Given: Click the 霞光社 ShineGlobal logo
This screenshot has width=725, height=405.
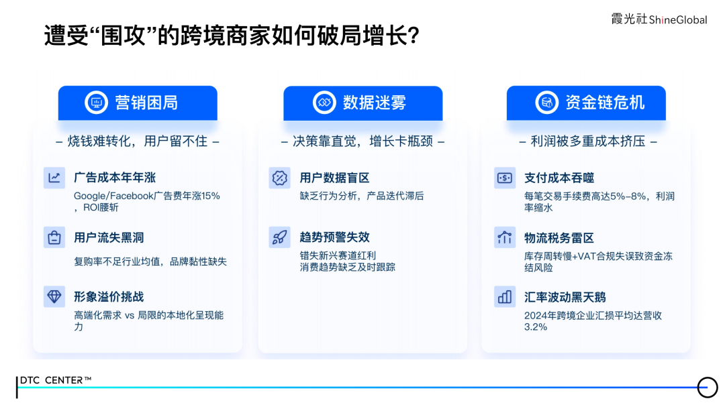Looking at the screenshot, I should click(x=659, y=19).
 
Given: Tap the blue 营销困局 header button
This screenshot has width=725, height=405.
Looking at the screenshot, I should click(x=138, y=103).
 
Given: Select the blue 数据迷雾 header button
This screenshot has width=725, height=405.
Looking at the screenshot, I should click(x=362, y=103).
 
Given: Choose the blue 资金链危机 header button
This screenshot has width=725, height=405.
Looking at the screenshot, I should click(x=586, y=103).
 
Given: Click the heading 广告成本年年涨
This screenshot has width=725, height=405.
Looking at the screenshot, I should click(x=115, y=178).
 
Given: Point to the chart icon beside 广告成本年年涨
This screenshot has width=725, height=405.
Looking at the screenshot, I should click(x=54, y=178).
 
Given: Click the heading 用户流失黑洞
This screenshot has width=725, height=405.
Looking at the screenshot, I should click(x=109, y=237).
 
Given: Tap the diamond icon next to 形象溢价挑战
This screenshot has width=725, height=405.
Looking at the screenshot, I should click(x=54, y=296).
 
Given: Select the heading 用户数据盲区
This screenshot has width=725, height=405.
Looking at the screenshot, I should click(x=334, y=178).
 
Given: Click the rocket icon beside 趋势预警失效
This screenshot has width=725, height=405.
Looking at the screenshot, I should click(x=279, y=237).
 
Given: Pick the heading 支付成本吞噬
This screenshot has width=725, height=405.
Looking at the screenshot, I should click(x=559, y=178).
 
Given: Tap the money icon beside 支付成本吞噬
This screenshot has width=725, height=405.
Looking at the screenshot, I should click(x=505, y=178).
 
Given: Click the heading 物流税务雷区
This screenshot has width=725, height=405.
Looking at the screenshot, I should click(x=559, y=237).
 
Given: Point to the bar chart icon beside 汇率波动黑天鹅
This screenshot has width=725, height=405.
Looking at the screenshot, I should click(x=504, y=296).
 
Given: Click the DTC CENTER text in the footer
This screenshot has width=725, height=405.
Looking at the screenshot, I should click(x=55, y=380).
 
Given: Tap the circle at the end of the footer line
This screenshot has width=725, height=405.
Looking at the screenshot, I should click(x=708, y=387).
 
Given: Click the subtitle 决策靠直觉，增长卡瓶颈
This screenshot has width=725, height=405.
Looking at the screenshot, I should click(x=362, y=141).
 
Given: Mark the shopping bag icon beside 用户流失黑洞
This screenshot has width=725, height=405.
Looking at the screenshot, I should click(x=54, y=237).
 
